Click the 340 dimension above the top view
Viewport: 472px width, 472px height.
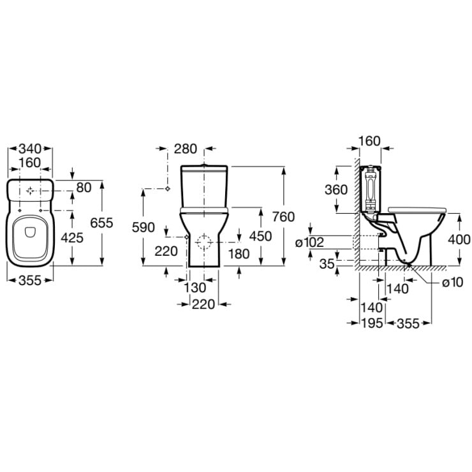click(x=30, y=149)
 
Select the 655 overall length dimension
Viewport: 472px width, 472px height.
click(x=101, y=223)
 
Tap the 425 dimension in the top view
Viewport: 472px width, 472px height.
click(x=72, y=238)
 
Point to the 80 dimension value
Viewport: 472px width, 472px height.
click(x=84, y=188)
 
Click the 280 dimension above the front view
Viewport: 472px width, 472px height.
click(x=186, y=149)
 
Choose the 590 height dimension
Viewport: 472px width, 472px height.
click(x=144, y=227)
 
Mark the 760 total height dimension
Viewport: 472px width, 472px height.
click(x=283, y=217)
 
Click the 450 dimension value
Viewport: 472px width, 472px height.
click(x=260, y=236)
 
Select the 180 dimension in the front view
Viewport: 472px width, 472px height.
click(x=239, y=254)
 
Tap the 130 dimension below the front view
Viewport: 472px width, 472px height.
click(x=195, y=288)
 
